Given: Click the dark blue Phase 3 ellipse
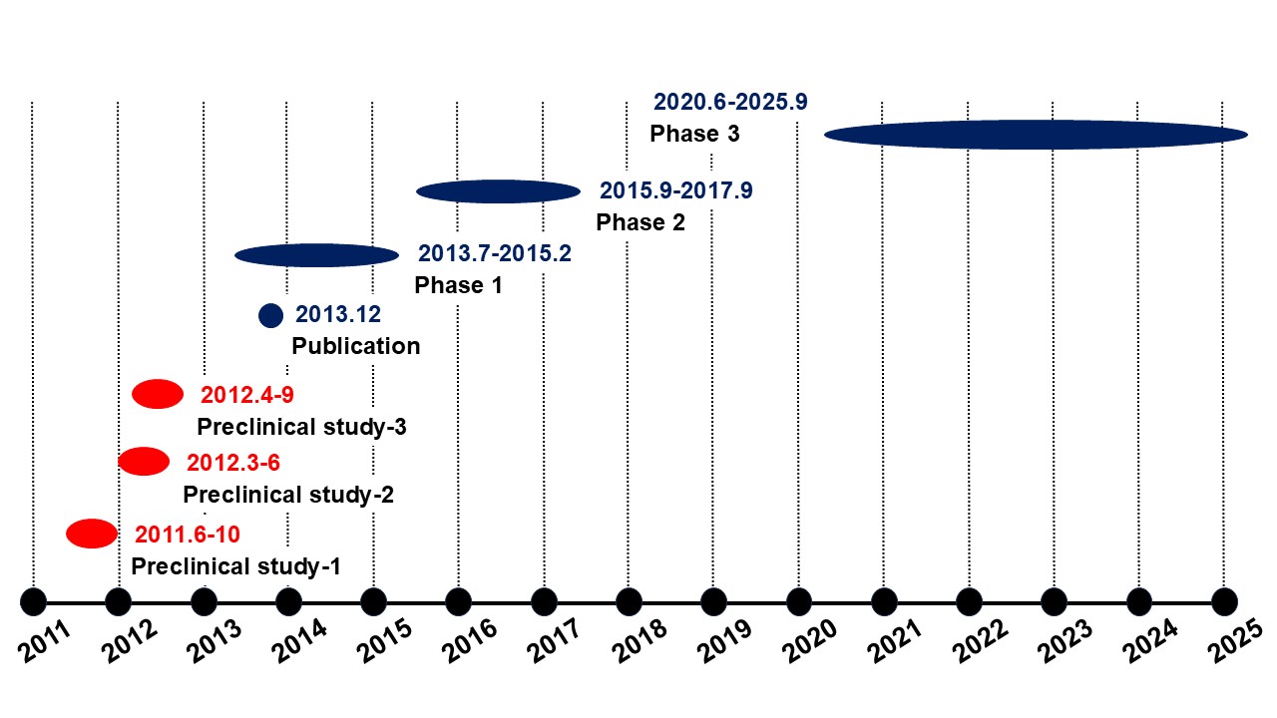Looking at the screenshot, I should [1036, 134].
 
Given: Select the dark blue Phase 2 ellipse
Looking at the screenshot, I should [498, 191].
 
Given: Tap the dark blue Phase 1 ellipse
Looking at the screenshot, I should [317, 255].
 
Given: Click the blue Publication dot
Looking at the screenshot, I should [271, 316].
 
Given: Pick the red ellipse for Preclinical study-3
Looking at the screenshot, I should [158, 395].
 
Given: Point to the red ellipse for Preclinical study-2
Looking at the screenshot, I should [144, 462].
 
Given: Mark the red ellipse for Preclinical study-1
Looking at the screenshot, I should [92, 534].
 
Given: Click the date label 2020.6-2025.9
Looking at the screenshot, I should [730, 102].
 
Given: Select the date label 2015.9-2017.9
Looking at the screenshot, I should [676, 190].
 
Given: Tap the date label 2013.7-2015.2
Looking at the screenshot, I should [495, 253].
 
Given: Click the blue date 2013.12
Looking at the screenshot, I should [338, 316].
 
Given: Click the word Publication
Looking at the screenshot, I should [356, 347].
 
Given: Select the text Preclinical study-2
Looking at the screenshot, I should [288, 495].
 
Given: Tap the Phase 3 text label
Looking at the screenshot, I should [694, 134].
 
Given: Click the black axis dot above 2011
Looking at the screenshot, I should [34, 602].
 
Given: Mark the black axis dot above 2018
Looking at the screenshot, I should [629, 602].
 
